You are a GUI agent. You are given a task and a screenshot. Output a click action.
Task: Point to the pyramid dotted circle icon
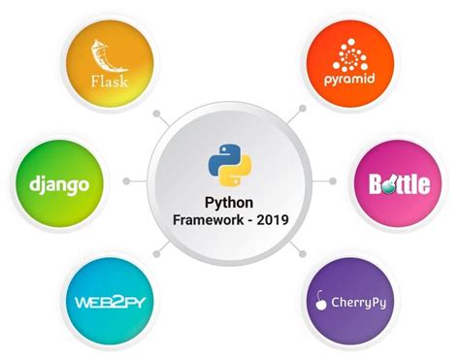350,53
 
